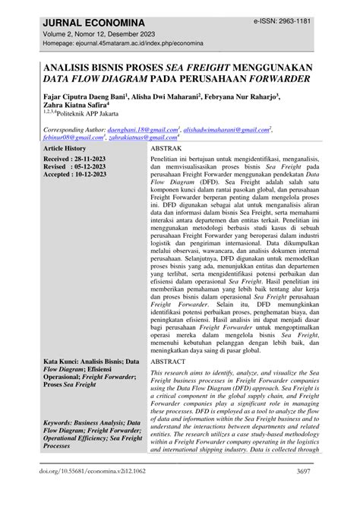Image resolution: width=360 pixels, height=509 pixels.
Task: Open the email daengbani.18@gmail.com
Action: [147, 131]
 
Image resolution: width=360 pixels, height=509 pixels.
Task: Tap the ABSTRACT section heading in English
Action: [173, 363]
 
